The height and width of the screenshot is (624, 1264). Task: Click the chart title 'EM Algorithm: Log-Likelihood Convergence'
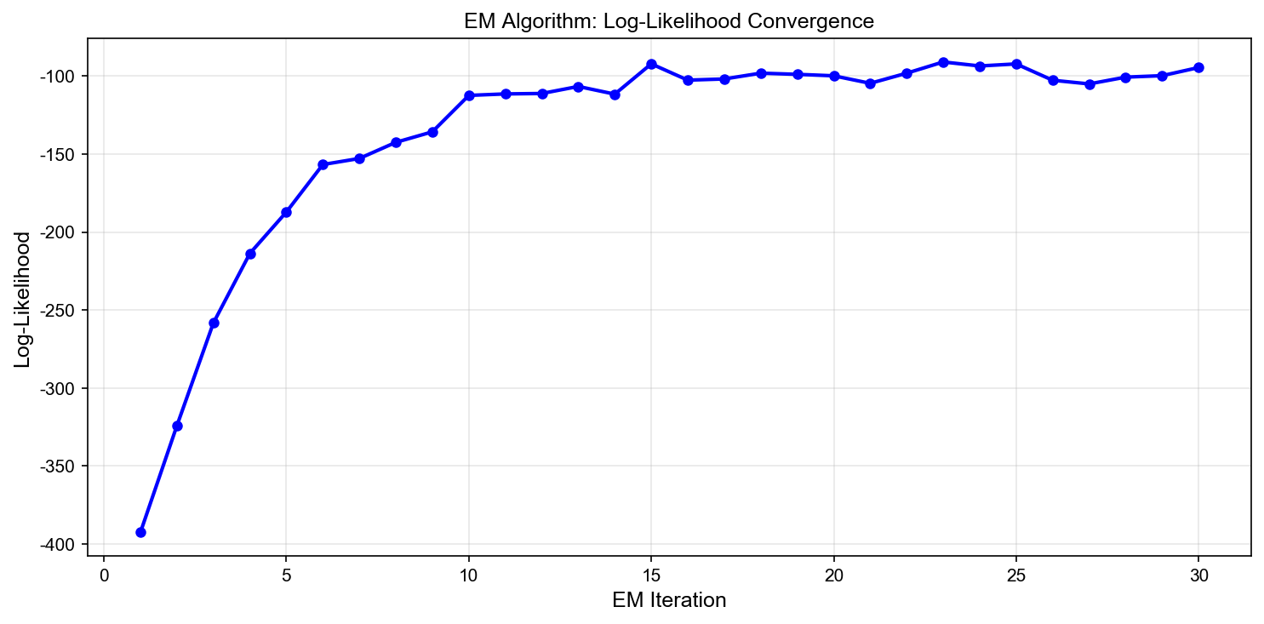point(669,22)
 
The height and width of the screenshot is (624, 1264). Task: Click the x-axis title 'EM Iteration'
point(669,600)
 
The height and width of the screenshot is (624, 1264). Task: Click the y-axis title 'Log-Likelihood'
point(23,299)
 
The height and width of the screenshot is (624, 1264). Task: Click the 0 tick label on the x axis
point(104,575)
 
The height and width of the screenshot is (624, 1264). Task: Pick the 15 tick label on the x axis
point(651,575)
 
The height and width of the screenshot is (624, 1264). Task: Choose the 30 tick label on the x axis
point(1198,575)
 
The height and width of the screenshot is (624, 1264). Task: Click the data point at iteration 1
point(140,532)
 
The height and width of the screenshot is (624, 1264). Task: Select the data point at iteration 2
point(177,426)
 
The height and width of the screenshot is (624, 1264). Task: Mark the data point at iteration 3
point(214,323)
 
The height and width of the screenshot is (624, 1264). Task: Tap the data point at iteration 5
point(286,212)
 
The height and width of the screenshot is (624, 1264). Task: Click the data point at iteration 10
point(469,95)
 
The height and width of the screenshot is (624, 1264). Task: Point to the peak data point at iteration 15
point(651,64)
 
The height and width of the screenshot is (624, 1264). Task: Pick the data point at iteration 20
point(834,76)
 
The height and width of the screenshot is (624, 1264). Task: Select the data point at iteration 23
point(943,62)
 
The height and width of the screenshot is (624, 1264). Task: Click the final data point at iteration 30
point(1198,67)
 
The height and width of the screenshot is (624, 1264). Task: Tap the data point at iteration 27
point(1090,83)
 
